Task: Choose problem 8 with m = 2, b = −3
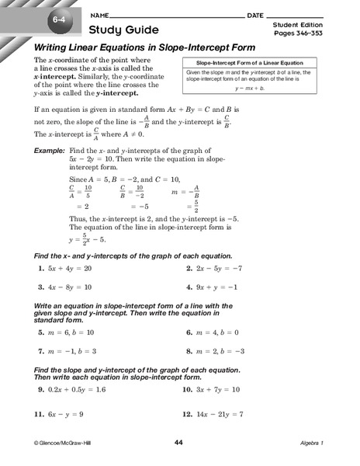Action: (220, 350)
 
